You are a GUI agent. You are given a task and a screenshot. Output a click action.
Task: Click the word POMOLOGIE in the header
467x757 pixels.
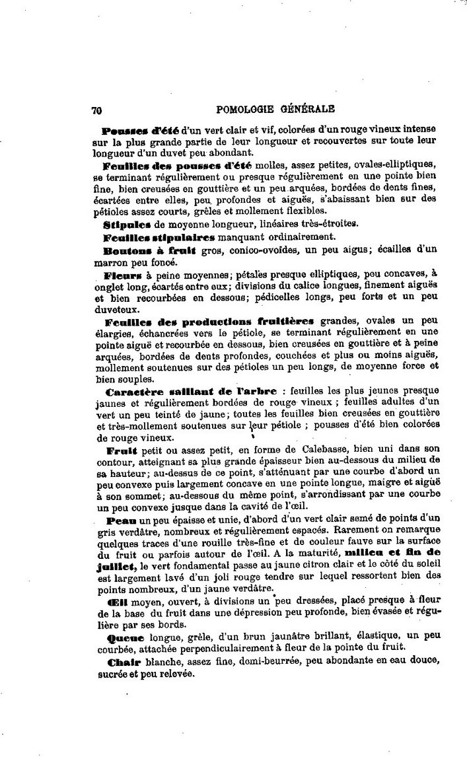tap(246, 109)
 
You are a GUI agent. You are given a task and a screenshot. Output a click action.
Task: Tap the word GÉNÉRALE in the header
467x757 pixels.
tap(309, 109)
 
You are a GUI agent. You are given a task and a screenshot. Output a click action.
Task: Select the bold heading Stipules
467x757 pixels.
tap(126, 223)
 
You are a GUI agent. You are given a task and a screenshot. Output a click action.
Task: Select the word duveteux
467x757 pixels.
tap(116, 308)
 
